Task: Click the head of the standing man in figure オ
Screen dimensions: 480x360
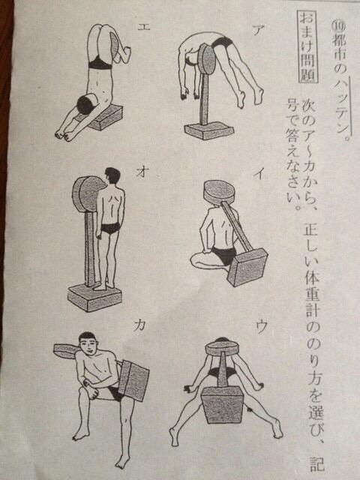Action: [x=112, y=178]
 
